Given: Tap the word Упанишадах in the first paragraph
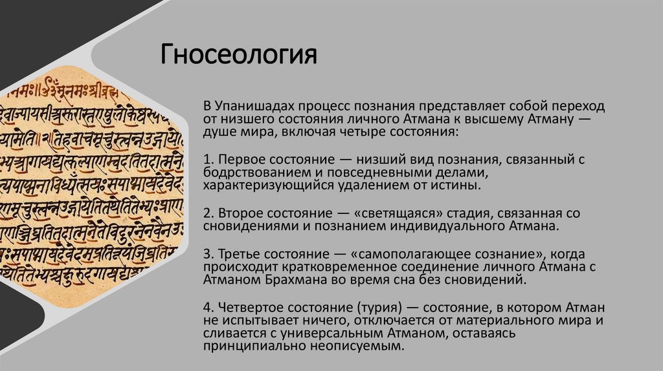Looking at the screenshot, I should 250,106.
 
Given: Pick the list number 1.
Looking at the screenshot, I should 206,159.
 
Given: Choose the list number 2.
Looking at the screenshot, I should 206,212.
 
